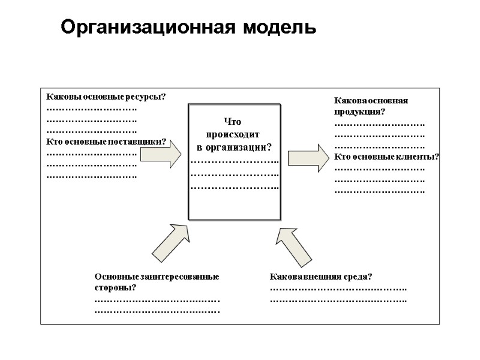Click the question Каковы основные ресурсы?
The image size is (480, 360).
pos(106,97)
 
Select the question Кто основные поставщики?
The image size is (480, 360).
pos(106,142)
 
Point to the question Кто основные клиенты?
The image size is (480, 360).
pos(386,157)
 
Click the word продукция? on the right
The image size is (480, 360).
pos(359,112)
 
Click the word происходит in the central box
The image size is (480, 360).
pos(235,134)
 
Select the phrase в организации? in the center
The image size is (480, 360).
pos(235,148)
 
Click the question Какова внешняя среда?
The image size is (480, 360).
pos(321,277)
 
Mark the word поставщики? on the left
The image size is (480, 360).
pos(142,142)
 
